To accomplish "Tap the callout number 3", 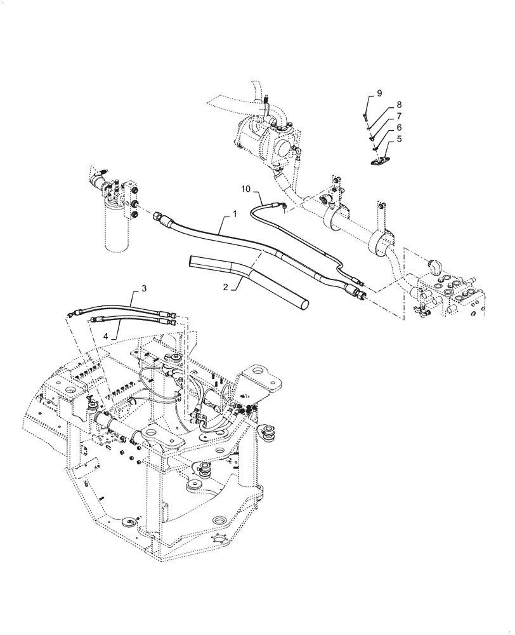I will pyautogui.click(x=144, y=289).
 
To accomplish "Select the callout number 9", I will pyautogui.click(x=379, y=93).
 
